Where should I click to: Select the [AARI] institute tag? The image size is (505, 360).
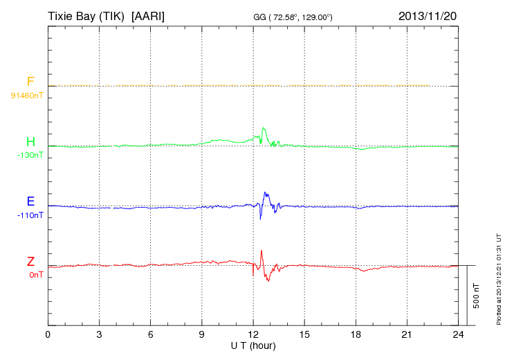point(148,15)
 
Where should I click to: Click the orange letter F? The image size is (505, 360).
point(30,82)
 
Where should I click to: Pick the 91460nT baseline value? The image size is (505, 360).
point(26,95)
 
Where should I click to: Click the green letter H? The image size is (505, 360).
point(30,143)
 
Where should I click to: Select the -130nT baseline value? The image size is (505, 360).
point(30,155)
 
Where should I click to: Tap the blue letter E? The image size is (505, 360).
point(30,202)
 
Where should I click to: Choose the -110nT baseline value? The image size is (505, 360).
point(30,215)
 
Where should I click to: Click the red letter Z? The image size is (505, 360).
point(30,262)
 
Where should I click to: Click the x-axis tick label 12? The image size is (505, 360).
point(253,334)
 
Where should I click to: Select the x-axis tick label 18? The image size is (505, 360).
point(356,334)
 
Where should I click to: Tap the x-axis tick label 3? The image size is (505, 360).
point(99,334)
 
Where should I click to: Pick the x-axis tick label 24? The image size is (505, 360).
point(458,334)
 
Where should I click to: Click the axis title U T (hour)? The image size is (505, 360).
point(253,345)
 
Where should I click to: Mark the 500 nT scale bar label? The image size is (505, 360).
point(477,296)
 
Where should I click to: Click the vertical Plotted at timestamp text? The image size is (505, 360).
point(498,277)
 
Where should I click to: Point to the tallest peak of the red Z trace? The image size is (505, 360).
point(261,251)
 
